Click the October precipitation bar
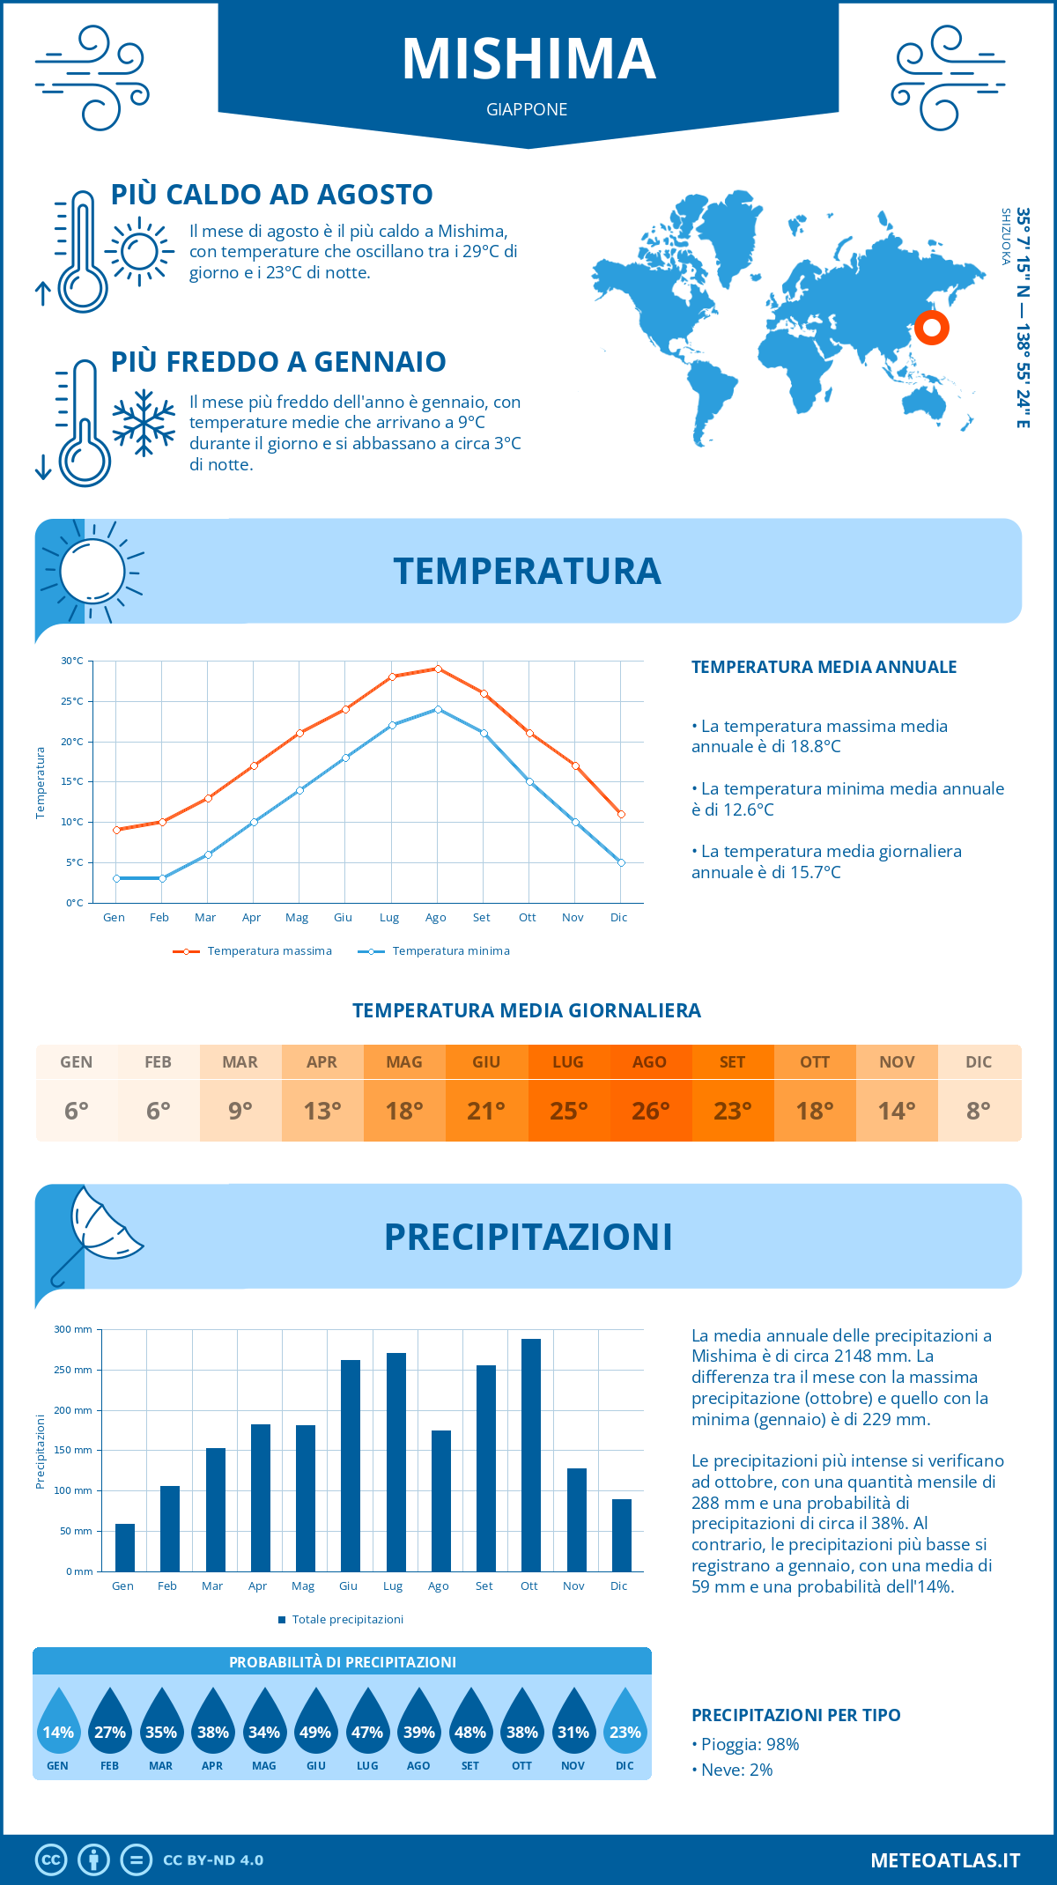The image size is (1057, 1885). pos(530,1454)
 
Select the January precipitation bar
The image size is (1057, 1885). pos(125,1547)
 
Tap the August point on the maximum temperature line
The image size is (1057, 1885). pos(438,669)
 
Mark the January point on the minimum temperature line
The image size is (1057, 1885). pos(116,878)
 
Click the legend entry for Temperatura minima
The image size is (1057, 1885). pos(434,951)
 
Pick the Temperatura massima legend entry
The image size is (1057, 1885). pos(253,951)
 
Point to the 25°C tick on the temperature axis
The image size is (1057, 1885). pos(72,701)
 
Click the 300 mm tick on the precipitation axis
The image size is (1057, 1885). pos(73,1329)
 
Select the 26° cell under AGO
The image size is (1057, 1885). pos(650,1111)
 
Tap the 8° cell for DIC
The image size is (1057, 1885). pos(979,1111)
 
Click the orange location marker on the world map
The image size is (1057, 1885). pos(931,328)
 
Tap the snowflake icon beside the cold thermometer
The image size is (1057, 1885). pos(144,423)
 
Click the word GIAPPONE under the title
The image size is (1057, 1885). pos(527,109)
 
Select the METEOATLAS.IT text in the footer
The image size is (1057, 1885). pos(944,1860)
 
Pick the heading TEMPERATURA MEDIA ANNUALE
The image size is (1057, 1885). pos(824,667)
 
